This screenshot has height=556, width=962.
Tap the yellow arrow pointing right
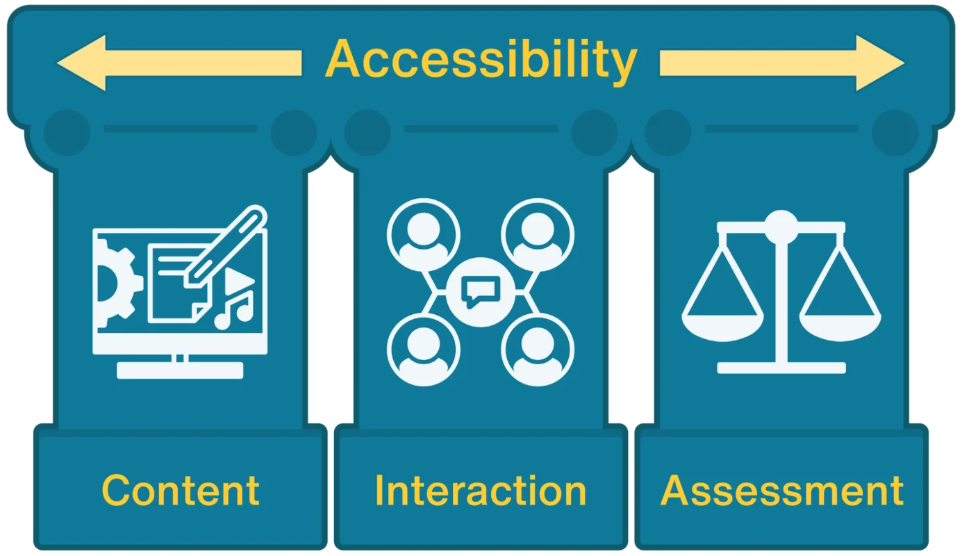pos(781,63)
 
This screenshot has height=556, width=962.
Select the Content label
pos(181,490)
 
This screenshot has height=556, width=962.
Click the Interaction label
pos(481,490)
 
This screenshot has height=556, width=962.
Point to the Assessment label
pos(781,490)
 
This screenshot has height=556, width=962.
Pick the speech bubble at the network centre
pos(481,291)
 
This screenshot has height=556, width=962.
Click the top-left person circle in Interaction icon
pos(423,235)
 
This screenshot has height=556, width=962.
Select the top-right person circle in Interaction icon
pos(537,235)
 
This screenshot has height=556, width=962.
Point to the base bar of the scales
pos(781,368)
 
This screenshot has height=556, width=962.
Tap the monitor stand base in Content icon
pos(180,370)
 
